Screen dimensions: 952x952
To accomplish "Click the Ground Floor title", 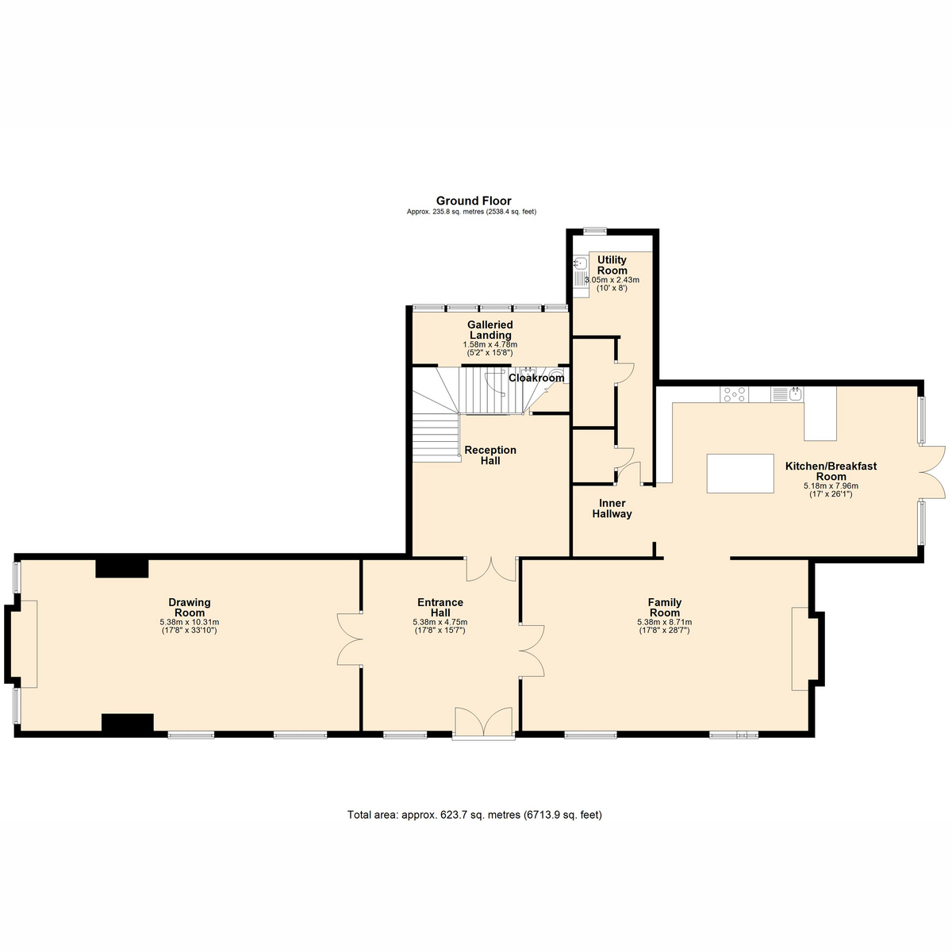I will click(x=474, y=202).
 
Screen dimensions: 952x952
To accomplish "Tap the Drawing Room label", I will click(x=190, y=608).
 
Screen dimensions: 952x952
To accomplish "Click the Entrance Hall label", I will click(x=440, y=608).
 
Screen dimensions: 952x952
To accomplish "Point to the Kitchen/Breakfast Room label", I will click(x=831, y=471).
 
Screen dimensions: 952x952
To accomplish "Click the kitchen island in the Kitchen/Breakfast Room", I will click(x=740, y=474).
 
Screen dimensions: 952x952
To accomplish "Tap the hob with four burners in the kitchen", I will click(x=735, y=393).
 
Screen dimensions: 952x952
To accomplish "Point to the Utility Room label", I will click(x=612, y=265).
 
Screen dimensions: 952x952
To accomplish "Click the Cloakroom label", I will click(x=536, y=378).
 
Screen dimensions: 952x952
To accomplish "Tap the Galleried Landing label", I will click(x=489, y=330).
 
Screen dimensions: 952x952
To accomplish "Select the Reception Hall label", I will click(x=490, y=455).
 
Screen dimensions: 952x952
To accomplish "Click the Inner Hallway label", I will click(x=612, y=509).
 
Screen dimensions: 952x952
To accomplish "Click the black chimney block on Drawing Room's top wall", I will click(x=122, y=568).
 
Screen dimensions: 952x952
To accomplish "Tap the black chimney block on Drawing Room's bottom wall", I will click(x=127, y=723).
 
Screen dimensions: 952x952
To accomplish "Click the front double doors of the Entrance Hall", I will click(x=484, y=724).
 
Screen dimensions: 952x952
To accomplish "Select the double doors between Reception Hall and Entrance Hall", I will click(x=492, y=568).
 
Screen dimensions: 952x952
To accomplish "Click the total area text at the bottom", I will click(x=474, y=815).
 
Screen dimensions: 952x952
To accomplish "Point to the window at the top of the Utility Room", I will click(x=594, y=231).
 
